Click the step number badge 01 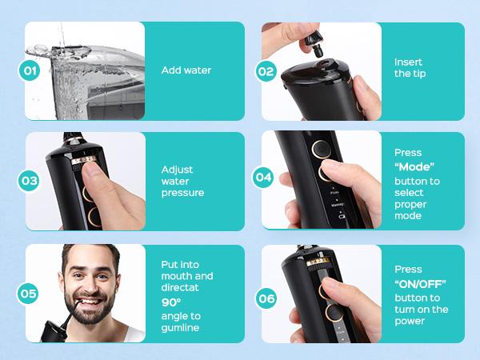[30, 70]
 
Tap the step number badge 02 [266, 70]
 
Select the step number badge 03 [30, 181]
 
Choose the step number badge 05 [30, 294]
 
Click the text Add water [186, 70]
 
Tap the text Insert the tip [409, 68]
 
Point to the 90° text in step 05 [170, 302]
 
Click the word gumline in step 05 [181, 328]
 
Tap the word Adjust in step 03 [177, 170]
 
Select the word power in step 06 [410, 322]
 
